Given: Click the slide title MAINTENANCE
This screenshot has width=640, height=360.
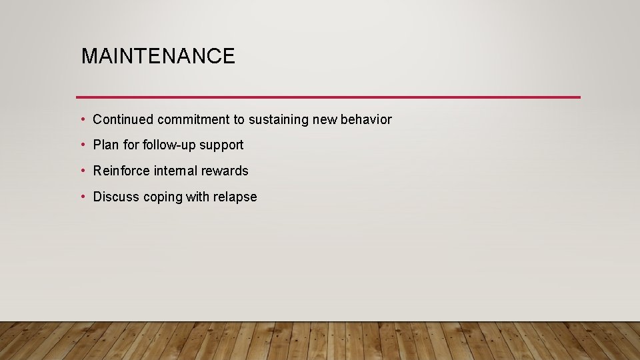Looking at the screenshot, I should (x=158, y=56).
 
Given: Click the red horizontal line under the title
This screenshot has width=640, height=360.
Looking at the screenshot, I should (x=328, y=97).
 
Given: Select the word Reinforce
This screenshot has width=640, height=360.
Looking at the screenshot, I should (x=121, y=171).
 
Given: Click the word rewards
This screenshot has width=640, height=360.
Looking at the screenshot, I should (x=225, y=171).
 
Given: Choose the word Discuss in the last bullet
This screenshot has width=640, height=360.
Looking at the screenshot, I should (x=116, y=197).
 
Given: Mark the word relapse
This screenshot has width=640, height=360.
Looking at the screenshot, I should (x=235, y=197).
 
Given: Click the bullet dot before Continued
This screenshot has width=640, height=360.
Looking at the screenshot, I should (x=82, y=119).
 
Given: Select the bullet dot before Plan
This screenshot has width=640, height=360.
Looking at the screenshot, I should (x=82, y=145).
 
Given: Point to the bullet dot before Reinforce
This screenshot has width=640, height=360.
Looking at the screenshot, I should (x=82, y=171).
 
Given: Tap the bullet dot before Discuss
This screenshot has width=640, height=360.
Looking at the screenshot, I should (x=82, y=197).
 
